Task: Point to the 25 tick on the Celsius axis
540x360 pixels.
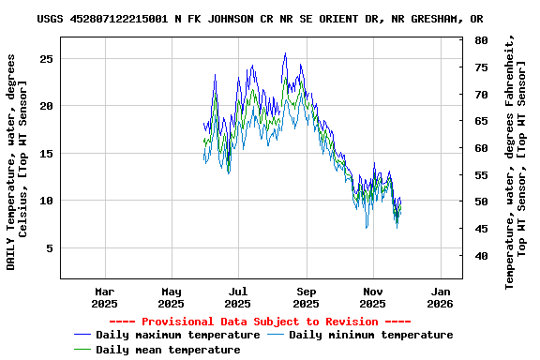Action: click(47, 58)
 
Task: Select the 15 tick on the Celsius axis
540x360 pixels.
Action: click(47, 154)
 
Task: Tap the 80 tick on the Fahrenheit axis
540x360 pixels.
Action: click(481, 41)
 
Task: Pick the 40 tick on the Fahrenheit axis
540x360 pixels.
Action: click(481, 256)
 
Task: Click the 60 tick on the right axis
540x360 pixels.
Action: click(481, 148)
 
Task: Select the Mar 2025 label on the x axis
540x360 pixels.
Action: click(104, 297)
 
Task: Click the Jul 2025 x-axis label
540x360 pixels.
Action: click(238, 297)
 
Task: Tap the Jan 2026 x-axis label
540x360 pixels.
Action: click(440, 297)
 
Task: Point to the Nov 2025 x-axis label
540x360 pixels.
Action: click(372, 297)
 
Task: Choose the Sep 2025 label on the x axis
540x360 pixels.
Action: click(306, 297)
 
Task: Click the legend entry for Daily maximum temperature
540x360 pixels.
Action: click(177, 335)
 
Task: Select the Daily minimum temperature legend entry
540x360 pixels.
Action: click(370, 335)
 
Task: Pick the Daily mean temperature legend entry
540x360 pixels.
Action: click(168, 350)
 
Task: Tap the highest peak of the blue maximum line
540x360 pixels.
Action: click(285, 53)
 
